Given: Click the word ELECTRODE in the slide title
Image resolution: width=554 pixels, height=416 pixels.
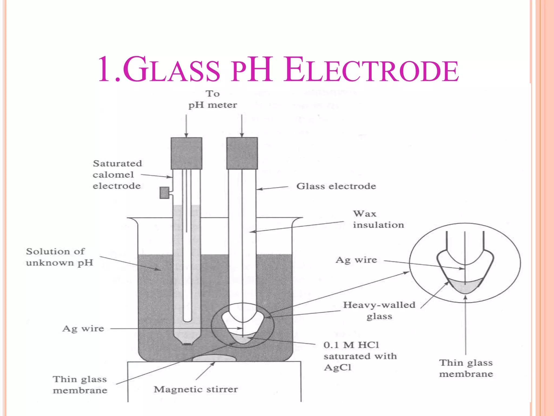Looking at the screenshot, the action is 371,70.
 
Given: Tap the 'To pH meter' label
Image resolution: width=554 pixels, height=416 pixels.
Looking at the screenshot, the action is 213,99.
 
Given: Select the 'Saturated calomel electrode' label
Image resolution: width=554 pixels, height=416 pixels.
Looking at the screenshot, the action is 117,175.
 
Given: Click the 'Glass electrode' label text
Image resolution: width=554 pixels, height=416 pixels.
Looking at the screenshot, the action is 336,186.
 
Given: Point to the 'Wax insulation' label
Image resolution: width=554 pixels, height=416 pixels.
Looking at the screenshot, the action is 378,219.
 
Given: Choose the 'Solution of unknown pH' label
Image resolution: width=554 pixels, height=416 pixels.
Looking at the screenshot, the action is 60,257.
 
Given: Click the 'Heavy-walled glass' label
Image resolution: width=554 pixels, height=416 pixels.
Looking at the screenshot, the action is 379,310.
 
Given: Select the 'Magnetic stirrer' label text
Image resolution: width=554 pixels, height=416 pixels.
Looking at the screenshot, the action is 196,389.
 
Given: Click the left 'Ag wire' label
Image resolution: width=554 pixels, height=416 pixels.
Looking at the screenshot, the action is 83,329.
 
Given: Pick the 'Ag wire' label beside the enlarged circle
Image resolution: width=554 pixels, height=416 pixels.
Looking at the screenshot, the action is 356,260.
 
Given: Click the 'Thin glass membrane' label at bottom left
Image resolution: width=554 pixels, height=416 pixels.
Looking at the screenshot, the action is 80,385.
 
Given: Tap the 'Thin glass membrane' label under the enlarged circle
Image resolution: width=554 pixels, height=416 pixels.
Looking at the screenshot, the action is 466,368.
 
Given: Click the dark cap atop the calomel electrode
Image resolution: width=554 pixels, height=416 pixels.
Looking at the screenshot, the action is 186,153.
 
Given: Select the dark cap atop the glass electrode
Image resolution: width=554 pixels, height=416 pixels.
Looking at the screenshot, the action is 242,153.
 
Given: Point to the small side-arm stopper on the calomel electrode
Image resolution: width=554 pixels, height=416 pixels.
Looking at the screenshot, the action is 164,193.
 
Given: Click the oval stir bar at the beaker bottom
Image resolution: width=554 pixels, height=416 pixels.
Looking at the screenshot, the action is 214,358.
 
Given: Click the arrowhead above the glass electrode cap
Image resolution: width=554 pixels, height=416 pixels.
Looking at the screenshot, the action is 242,135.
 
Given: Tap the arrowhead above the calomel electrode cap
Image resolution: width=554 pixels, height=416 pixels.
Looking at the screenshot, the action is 186,135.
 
